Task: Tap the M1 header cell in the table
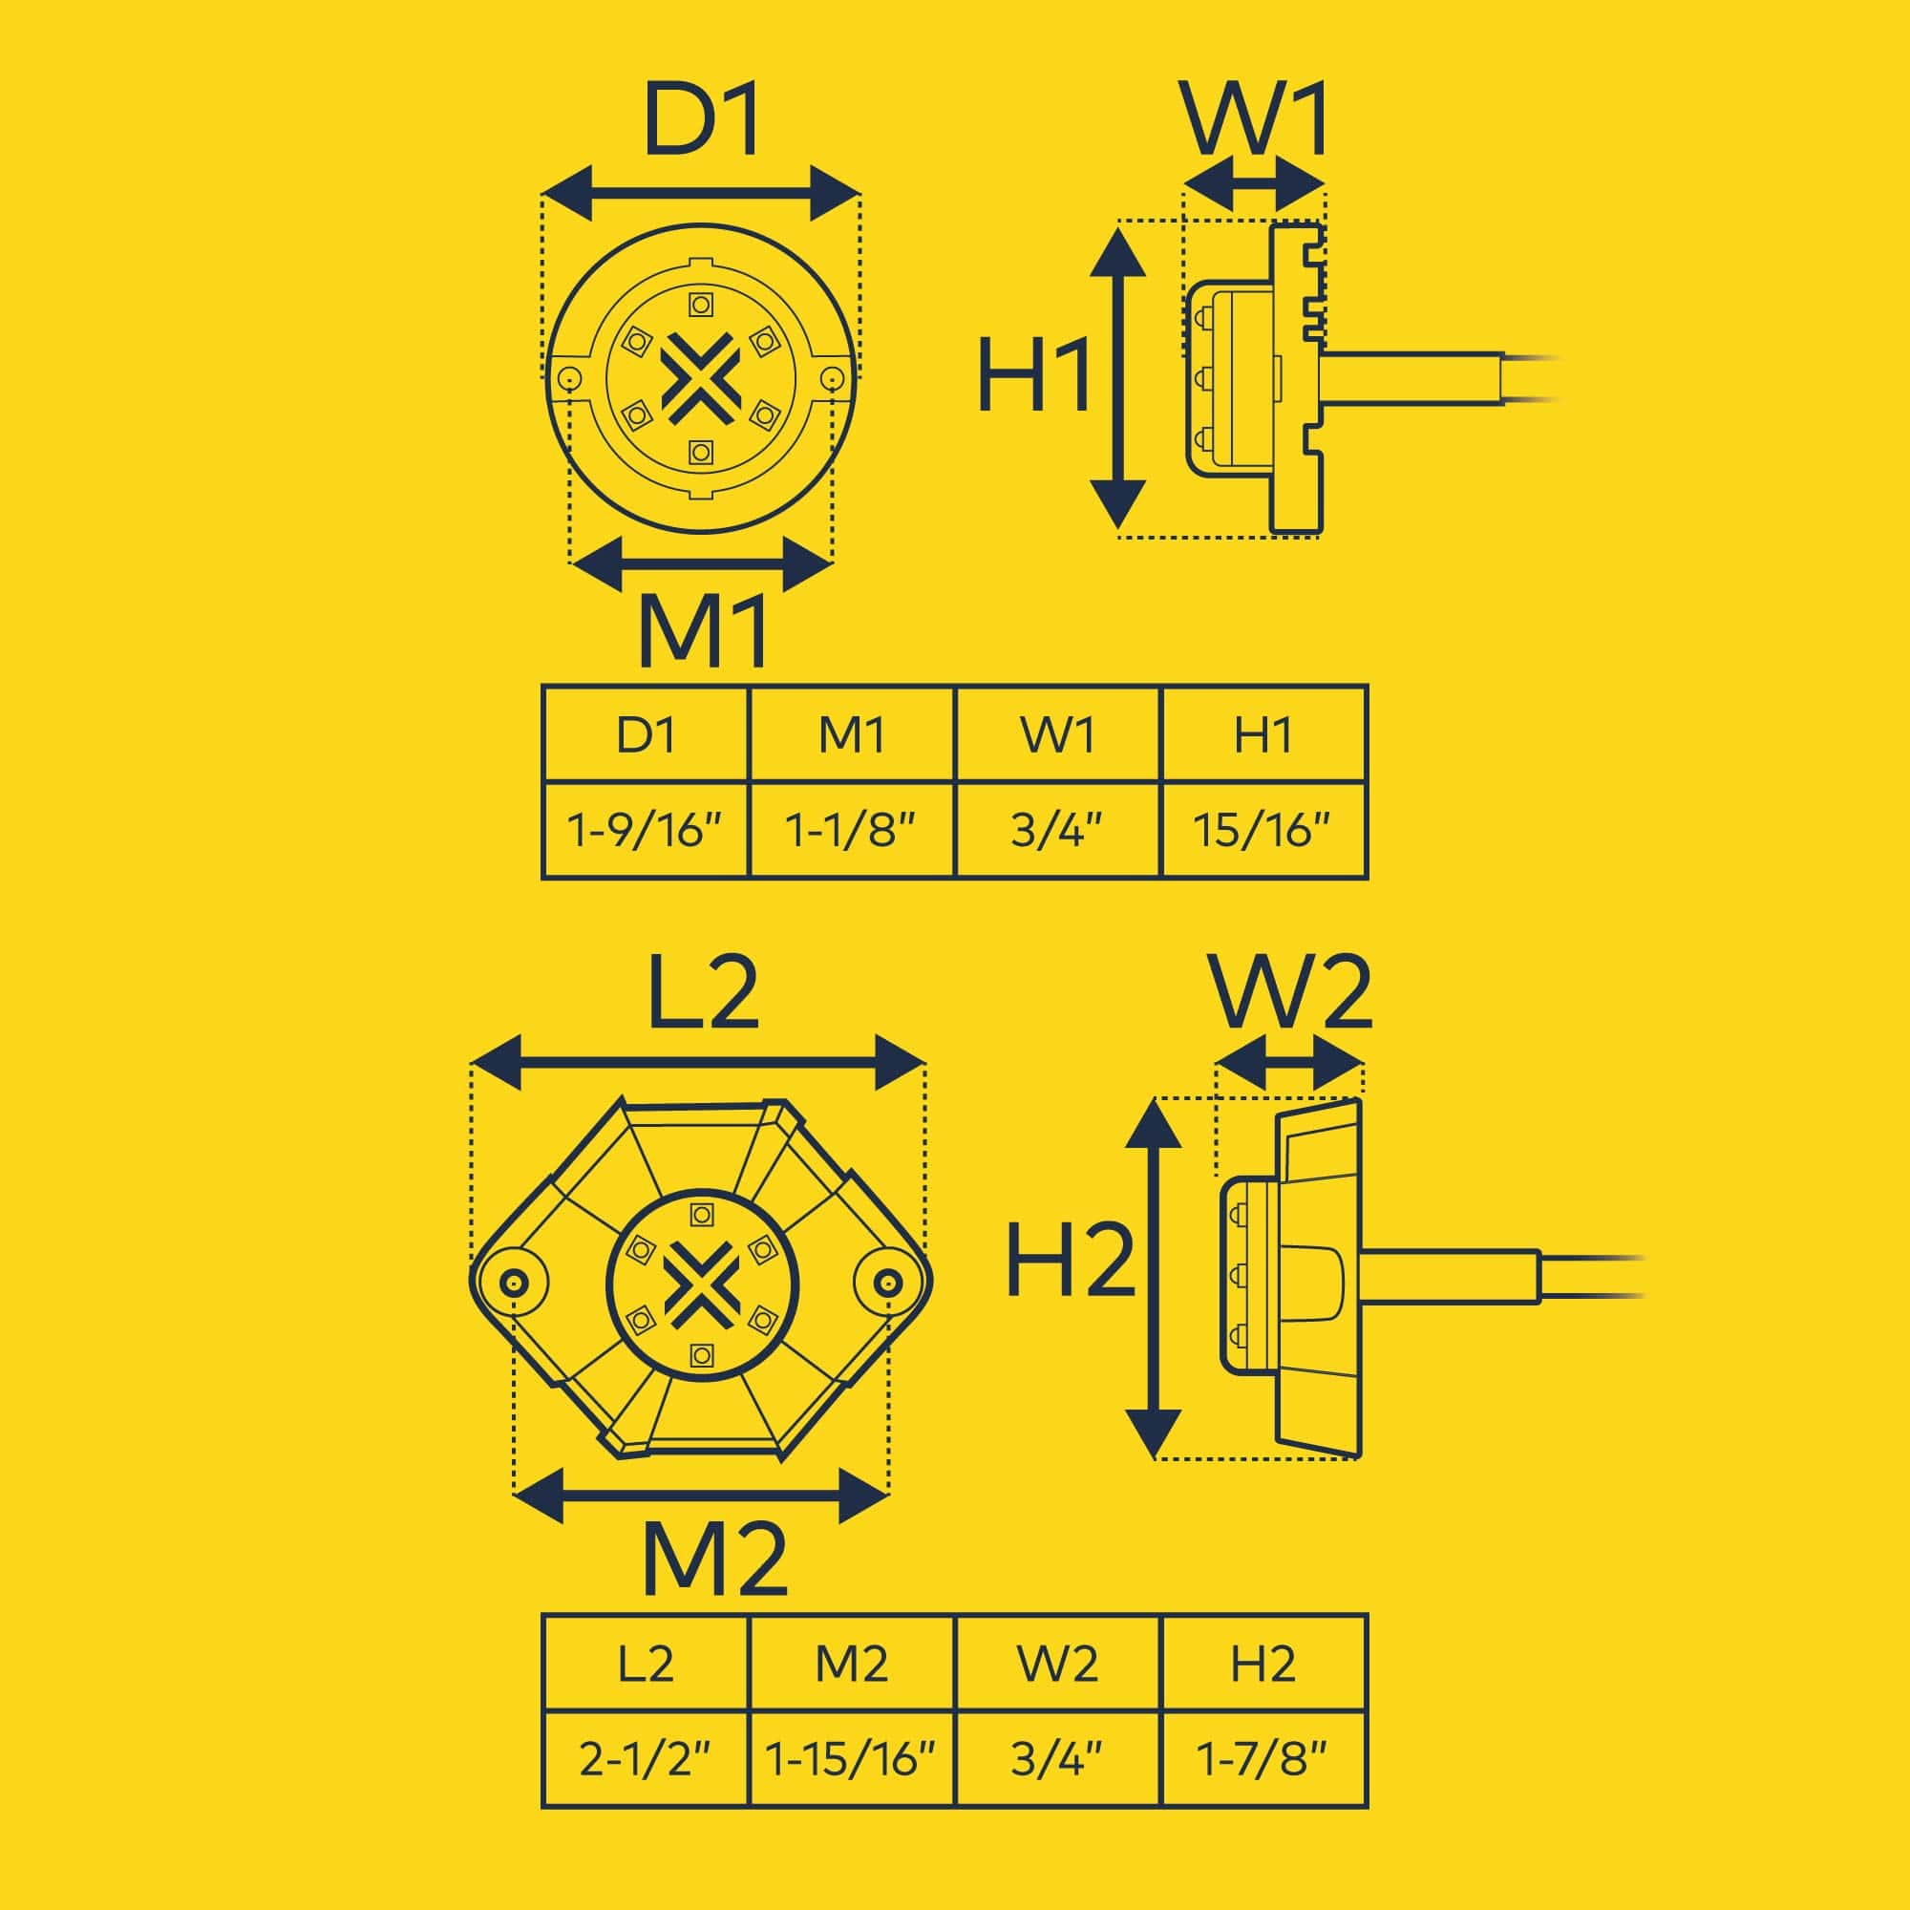(851, 735)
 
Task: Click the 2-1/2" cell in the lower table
(646, 1760)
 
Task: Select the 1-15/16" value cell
(851, 1760)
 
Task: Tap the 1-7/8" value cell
(1263, 1760)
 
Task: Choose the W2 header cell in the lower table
(1057, 1665)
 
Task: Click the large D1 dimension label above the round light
(702, 121)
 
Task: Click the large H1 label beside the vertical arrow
(1033, 375)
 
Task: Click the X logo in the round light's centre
(700, 375)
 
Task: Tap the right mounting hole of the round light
(832, 377)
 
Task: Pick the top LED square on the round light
(701, 304)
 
